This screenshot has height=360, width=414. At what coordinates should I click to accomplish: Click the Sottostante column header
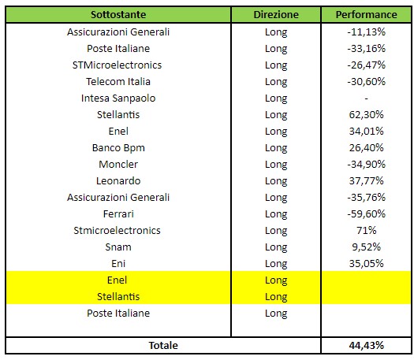pos(118,14)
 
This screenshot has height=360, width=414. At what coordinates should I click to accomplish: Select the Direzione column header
pos(276,14)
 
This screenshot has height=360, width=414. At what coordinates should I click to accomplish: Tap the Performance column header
pos(366,14)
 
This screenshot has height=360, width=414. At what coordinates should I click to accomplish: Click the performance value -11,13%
pos(366,32)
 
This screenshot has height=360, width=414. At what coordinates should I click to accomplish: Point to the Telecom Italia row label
pos(118,81)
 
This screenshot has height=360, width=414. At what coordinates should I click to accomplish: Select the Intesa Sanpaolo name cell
pos(118,98)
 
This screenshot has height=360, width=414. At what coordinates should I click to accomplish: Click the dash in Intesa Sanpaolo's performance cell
pos(366,98)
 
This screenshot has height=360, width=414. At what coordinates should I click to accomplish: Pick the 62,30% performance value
pos(366,115)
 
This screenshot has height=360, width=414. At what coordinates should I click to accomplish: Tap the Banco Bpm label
pos(118,148)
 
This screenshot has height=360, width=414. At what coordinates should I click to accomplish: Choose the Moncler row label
pos(118,165)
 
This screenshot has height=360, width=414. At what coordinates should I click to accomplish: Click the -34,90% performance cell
pos(366,165)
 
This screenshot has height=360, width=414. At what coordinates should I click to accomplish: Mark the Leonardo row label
pos(118,181)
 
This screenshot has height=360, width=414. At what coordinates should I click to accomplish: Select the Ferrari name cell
pos(118,214)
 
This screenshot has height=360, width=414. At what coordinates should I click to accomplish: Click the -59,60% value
pos(366,214)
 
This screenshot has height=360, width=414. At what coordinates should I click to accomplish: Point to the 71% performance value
pos(366,231)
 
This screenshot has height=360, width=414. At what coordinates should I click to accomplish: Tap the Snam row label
pos(118,247)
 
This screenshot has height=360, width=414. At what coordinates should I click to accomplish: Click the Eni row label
pos(118,263)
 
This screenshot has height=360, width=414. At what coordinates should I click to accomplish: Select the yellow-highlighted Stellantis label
pos(118,297)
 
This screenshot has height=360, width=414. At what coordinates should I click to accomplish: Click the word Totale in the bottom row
pos(163,346)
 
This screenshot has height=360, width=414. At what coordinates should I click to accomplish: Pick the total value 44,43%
pos(366,346)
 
